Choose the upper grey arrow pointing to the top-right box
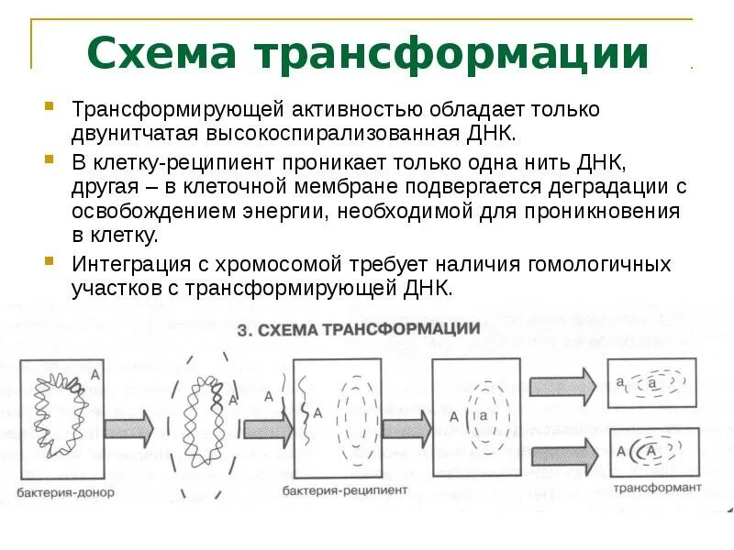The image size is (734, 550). [x=562, y=383]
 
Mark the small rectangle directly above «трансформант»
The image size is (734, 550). [x=653, y=450]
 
